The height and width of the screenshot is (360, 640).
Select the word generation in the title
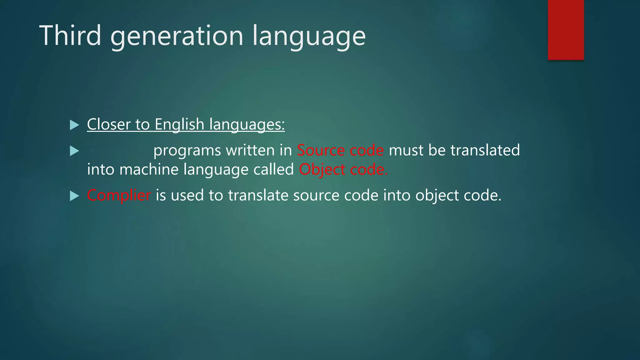point(177,37)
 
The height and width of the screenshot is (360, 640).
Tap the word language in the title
point(309,37)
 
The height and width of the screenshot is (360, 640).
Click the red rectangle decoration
point(566,30)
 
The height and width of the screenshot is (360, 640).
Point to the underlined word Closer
point(108,124)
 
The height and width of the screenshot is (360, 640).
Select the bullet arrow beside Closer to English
point(74,125)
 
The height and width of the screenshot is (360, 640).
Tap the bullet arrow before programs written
point(74,151)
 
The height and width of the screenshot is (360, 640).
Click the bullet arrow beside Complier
point(74,196)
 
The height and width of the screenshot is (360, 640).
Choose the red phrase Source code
point(340,150)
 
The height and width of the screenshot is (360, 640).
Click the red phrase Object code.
point(343,170)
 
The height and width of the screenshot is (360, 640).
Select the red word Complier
point(119,196)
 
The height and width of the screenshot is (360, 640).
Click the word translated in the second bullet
point(485,150)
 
